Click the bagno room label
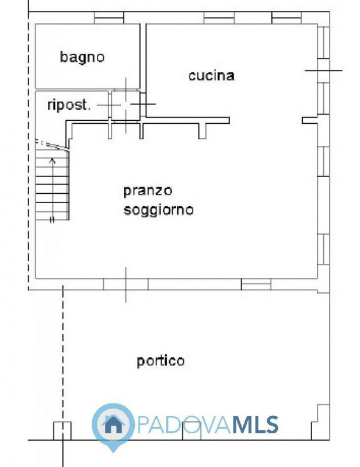click(x=82, y=57)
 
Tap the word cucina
click(x=211, y=75)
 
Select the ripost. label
click(x=69, y=105)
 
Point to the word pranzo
click(x=148, y=191)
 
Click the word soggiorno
click(x=159, y=210)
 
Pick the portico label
click(x=160, y=361)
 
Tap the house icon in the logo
click(x=113, y=424)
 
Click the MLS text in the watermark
click(x=255, y=424)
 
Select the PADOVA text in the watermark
click(x=184, y=424)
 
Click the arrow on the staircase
click(x=53, y=191)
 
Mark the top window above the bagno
click(x=109, y=18)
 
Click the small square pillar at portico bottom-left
click(x=62, y=431)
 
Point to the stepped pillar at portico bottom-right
click(x=320, y=421)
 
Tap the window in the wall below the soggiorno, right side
click(x=256, y=284)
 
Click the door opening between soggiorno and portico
click(x=125, y=284)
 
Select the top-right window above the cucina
click(x=286, y=18)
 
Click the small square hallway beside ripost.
click(x=125, y=105)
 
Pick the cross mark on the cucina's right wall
click(x=324, y=71)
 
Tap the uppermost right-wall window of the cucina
click(x=324, y=42)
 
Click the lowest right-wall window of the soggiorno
click(x=324, y=249)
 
